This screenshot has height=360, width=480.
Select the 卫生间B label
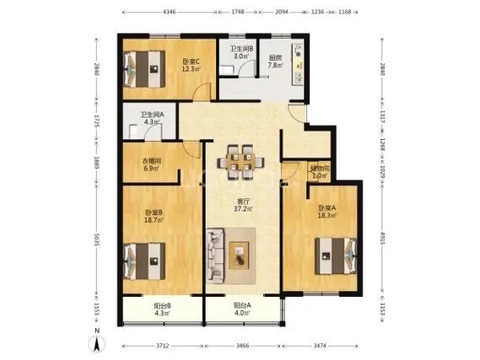coord(243,52)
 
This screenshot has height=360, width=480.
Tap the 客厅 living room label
coord(245,206)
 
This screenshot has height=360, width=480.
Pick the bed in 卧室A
coord(335,254)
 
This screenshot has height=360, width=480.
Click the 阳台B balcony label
coord(163,309)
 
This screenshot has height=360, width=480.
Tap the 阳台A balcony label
coord(243,309)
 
